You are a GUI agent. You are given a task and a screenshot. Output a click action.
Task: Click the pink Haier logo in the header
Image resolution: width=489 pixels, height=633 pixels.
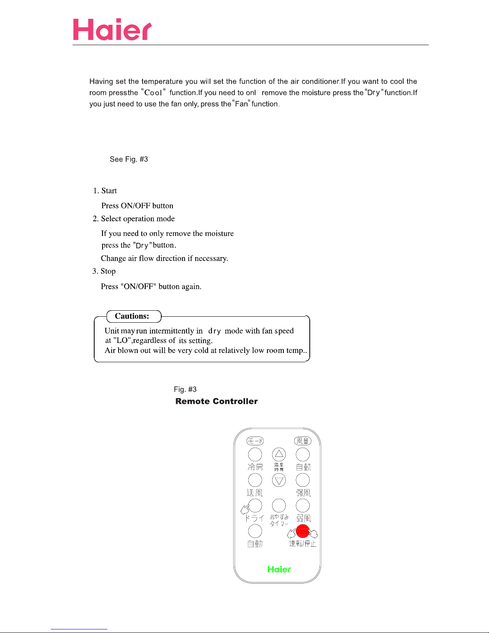pos(112,30)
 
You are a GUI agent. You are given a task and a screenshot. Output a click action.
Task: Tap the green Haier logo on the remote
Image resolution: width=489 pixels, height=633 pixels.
pos(279,570)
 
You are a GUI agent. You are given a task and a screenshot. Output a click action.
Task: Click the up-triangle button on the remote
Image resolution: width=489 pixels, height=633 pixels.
pos(279,454)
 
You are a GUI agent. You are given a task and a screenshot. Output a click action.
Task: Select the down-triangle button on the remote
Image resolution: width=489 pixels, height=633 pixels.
pos(279,480)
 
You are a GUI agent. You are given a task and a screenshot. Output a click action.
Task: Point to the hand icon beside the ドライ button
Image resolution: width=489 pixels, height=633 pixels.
pos(245,510)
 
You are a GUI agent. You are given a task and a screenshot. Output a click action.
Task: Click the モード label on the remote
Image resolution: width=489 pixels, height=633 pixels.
pos(255,441)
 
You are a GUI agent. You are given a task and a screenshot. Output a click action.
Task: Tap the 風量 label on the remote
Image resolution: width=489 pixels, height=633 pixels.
pos(303,441)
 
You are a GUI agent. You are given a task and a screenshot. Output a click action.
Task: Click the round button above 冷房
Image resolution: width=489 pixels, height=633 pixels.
pos(255,454)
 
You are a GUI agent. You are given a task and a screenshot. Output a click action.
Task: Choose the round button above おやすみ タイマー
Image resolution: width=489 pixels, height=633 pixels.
pos(279,506)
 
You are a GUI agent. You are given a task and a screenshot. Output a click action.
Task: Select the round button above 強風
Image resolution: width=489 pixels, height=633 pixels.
pos(303,480)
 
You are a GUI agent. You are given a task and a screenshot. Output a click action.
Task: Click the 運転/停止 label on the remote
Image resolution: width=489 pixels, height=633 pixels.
pos(303,544)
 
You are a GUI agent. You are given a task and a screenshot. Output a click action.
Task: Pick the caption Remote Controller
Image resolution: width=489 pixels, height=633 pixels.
pos(216,401)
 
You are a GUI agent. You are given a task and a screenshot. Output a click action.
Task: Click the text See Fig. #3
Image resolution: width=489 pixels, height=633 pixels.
pos(129,159)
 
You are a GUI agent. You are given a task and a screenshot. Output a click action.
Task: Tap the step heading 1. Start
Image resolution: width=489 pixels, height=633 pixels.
pos(105,191)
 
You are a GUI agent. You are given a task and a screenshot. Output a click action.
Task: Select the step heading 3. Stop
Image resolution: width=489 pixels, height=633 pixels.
pos(104,271)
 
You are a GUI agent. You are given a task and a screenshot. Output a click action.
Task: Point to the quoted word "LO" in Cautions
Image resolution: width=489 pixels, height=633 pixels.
pos(122,341)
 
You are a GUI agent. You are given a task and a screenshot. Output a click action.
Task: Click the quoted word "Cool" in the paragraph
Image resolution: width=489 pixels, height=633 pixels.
pos(153,93)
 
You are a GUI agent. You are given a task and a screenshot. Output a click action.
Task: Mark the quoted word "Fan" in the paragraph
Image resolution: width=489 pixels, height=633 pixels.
pos(241,104)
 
